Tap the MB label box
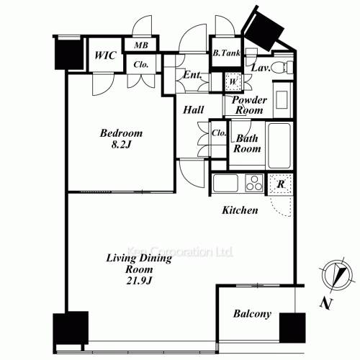(140, 45)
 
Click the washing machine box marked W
(233, 81)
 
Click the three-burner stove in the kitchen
(254, 184)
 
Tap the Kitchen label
(240, 211)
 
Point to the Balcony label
(252, 314)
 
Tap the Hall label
(193, 110)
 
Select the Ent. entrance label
(192, 76)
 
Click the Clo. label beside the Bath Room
(220, 133)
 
